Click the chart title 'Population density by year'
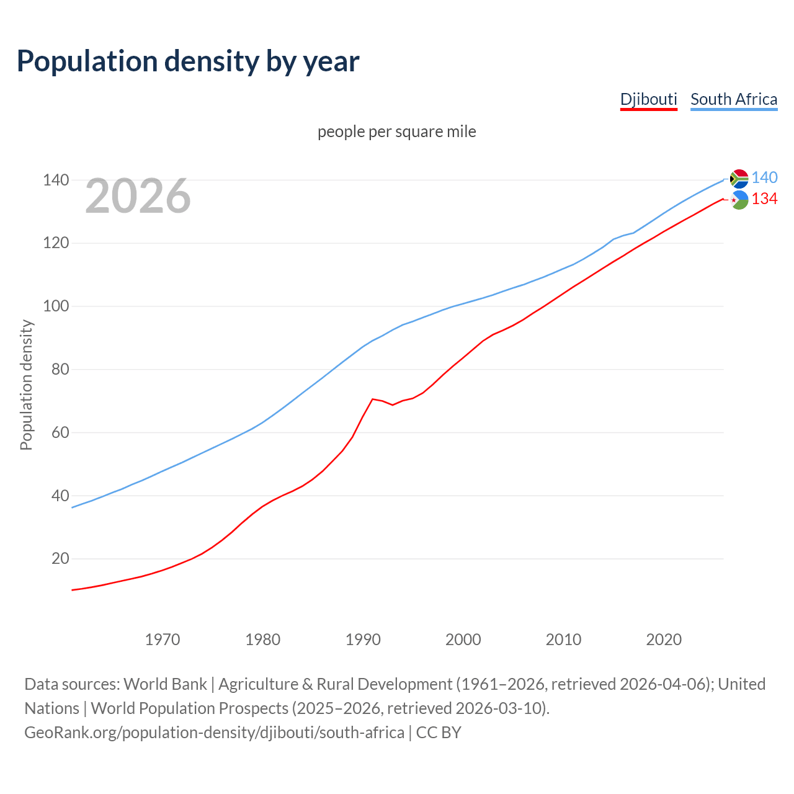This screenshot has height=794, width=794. point(188,61)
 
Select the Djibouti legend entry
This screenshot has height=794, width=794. point(648,99)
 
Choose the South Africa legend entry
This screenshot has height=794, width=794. point(733,99)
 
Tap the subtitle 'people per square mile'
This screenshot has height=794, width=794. point(396,132)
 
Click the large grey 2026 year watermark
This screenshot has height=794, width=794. point(138,196)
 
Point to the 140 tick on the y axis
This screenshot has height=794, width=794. point(55,181)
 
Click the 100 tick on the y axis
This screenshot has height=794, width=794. point(55,306)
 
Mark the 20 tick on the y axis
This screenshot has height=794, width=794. point(60,559)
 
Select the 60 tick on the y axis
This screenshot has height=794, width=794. point(60,432)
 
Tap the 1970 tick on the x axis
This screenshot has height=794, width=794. point(163,640)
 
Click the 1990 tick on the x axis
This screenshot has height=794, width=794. point(363,640)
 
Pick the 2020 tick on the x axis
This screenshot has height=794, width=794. point(664,640)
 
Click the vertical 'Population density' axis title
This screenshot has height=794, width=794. point(26,385)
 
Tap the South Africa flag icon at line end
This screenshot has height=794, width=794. point(739,179)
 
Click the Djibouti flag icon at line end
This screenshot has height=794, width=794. point(739,200)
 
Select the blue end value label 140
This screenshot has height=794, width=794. point(764,178)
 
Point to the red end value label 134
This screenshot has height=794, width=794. point(764,199)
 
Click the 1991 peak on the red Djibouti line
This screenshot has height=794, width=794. point(372,399)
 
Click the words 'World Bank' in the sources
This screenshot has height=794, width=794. point(165,684)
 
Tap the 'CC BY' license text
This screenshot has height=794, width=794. point(439,733)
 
